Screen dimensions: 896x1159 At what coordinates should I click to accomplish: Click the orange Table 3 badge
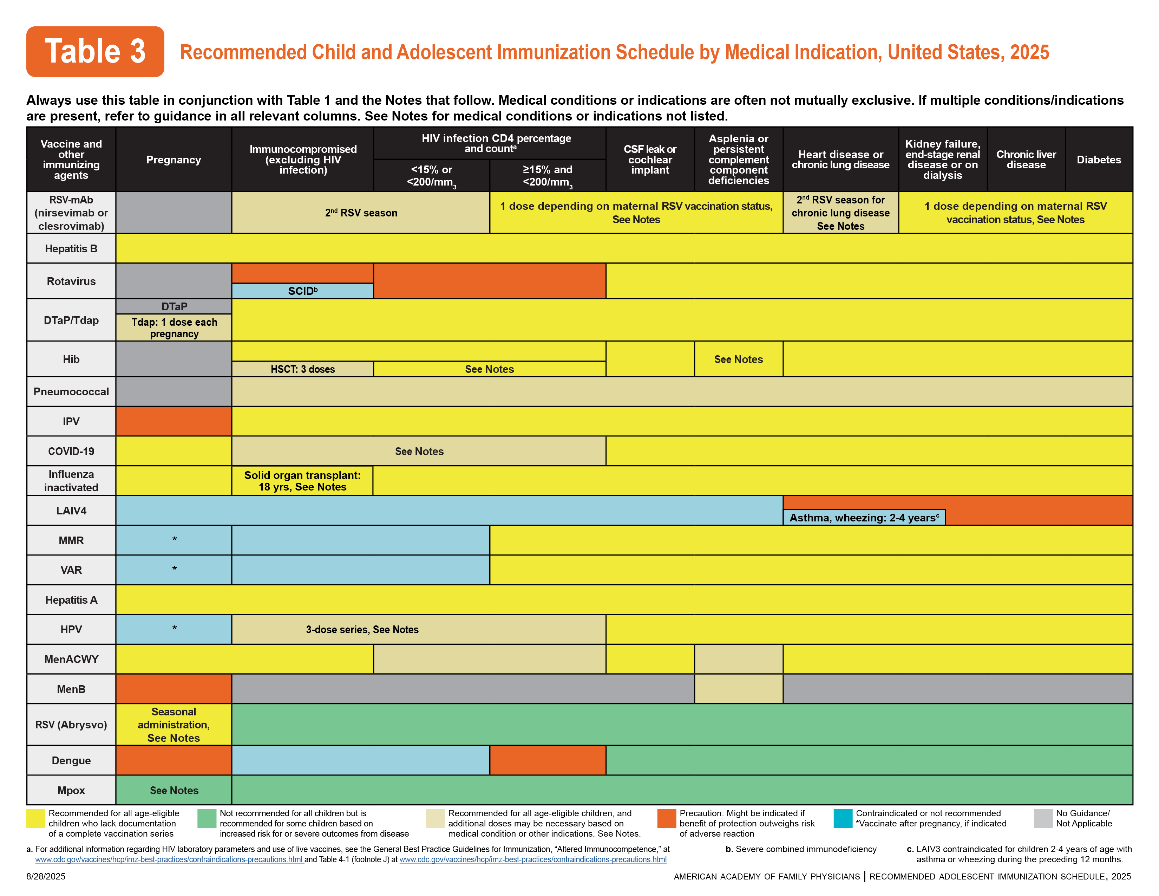click(95, 52)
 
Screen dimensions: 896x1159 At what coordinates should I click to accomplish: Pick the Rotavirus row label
click(71, 281)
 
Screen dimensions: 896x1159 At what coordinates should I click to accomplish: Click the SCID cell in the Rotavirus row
click(302, 291)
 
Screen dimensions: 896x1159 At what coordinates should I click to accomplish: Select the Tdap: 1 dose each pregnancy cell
click(174, 327)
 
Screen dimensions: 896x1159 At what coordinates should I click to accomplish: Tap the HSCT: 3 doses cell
click(302, 369)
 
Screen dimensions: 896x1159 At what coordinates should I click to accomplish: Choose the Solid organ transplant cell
click(302, 481)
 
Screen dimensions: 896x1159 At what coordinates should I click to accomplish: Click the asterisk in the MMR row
click(174, 540)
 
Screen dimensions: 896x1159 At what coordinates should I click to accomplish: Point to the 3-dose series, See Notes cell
click(362, 630)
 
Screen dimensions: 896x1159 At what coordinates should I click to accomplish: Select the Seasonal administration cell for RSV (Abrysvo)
click(173, 725)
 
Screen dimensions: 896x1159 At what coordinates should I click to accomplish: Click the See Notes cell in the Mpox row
click(174, 790)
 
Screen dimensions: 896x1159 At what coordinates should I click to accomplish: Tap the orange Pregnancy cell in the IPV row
click(173, 421)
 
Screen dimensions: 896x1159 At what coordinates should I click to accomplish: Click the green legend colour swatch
click(207, 818)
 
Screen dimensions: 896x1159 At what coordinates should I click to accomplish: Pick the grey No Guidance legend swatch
click(1043, 818)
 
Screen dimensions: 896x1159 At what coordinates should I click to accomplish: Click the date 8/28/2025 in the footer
click(46, 876)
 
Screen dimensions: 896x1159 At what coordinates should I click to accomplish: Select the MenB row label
click(71, 689)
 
